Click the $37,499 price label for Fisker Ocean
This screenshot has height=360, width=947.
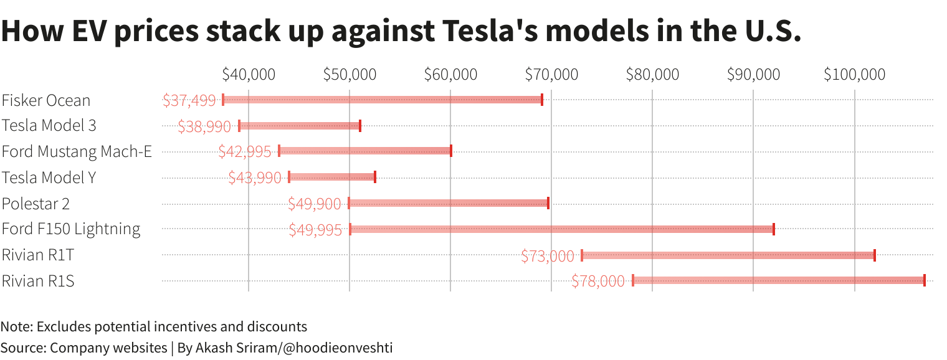pyautogui.click(x=189, y=100)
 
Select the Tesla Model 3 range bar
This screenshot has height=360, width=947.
pyautogui.click(x=300, y=126)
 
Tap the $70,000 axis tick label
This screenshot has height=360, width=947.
pyautogui.click(x=551, y=75)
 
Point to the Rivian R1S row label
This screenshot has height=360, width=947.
pyautogui.click(x=38, y=281)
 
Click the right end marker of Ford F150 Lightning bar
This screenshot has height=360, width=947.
pyautogui.click(x=773, y=229)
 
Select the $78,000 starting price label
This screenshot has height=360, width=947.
pyautogui.click(x=597, y=282)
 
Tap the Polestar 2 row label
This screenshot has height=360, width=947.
pyautogui.click(x=36, y=204)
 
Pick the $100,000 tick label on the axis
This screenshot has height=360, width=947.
pyautogui.click(x=854, y=75)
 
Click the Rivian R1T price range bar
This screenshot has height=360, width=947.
pyautogui.click(x=728, y=255)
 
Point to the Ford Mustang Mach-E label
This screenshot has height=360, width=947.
pyautogui.click(x=77, y=151)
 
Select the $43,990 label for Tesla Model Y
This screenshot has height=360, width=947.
pyautogui.click(x=255, y=178)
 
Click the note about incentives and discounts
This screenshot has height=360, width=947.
pyautogui.click(x=154, y=326)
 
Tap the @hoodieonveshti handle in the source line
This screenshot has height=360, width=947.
pyautogui.click(x=338, y=348)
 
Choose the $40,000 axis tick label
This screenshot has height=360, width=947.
pyautogui.click(x=249, y=75)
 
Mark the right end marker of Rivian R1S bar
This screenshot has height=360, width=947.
pyautogui.click(x=924, y=280)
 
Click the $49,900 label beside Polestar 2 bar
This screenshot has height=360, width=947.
pyautogui.click(x=315, y=204)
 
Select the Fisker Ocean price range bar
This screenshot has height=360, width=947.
pyautogui.click(x=382, y=100)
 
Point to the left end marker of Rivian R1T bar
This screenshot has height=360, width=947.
pyautogui.click(x=582, y=255)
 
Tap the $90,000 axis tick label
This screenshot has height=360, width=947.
pyautogui.click(x=753, y=75)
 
